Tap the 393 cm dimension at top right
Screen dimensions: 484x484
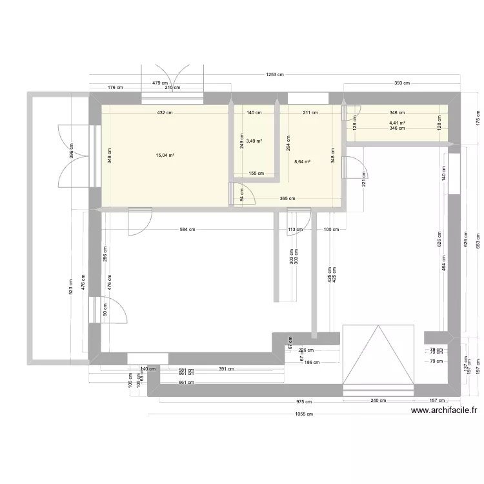[x=402, y=83]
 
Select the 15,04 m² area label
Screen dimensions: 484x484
[x=165, y=155]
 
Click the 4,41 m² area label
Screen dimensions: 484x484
[x=397, y=123]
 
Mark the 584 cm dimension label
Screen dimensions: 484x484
[x=188, y=230]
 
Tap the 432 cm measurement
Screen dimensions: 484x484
[x=165, y=112]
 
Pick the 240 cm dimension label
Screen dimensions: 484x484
[x=378, y=400]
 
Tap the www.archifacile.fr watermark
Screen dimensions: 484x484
[x=445, y=410]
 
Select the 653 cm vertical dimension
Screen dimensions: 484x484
[x=478, y=240]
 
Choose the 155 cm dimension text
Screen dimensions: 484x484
[x=256, y=173]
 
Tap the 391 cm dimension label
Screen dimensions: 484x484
[x=226, y=369]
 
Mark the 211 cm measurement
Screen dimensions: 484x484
[x=310, y=112]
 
